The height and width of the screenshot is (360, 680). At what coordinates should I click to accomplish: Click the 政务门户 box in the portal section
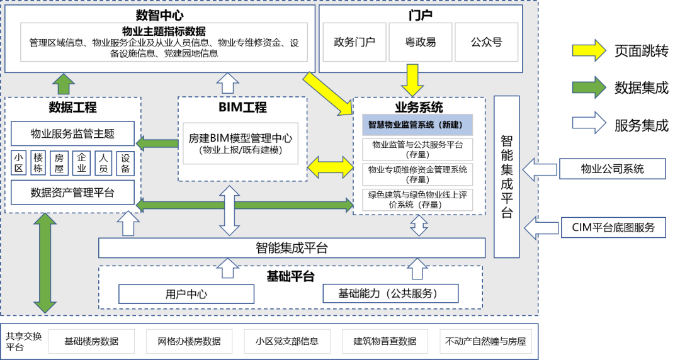click(354, 43)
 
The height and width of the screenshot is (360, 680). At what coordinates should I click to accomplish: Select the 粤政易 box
click(421, 43)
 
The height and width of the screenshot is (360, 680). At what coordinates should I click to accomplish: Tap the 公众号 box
click(487, 43)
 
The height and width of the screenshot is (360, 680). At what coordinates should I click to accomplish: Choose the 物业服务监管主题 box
click(72, 133)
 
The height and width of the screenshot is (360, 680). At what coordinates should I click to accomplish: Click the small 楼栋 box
click(39, 162)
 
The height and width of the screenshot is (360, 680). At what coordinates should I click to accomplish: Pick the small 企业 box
click(82, 162)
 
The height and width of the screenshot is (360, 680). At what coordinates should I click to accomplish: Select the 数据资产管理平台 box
click(72, 193)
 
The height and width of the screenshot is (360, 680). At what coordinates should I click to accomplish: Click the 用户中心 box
click(186, 294)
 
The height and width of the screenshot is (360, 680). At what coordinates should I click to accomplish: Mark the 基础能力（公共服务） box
click(390, 293)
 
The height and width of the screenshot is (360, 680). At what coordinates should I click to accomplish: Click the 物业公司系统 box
click(613, 169)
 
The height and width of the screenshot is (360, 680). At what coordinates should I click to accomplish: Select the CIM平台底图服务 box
click(613, 227)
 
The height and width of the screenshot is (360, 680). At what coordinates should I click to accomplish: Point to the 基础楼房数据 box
click(91, 341)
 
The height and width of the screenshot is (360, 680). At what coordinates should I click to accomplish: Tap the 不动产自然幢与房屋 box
click(485, 341)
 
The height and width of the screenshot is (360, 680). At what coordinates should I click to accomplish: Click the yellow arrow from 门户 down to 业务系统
click(414, 79)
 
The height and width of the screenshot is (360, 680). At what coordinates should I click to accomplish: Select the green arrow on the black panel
click(588, 86)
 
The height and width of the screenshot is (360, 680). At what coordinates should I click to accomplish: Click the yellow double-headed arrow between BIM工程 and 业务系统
click(331, 167)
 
